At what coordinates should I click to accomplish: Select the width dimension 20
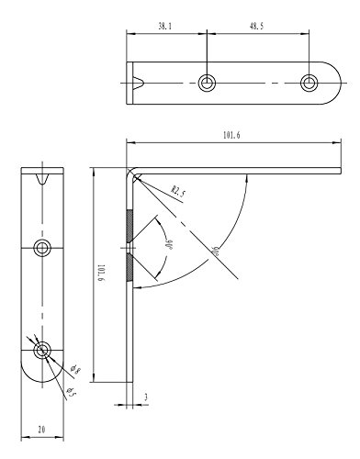point(43,429)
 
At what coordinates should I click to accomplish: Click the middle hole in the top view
point(208,84)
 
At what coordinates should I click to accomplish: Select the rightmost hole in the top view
point(310,84)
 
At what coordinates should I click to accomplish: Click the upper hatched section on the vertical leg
point(129,224)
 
